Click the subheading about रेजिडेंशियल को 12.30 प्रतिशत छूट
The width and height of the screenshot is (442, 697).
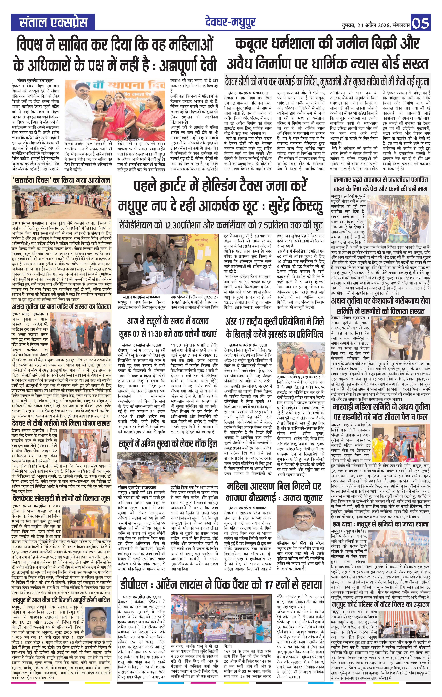(x=221, y=225)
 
